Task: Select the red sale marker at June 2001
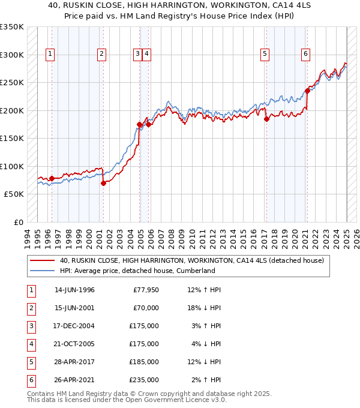[x=103, y=184]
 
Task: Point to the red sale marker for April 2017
[x=267, y=119]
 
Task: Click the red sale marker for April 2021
[x=307, y=91]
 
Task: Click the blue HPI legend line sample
[x=42, y=271]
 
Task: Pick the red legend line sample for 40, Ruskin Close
[x=42, y=260]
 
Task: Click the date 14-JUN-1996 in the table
[x=74, y=290]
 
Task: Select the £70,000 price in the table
[x=145, y=308]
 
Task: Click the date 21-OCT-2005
[x=74, y=344]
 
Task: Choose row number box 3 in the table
[x=30, y=326]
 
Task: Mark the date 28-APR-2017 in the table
[x=74, y=362]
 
